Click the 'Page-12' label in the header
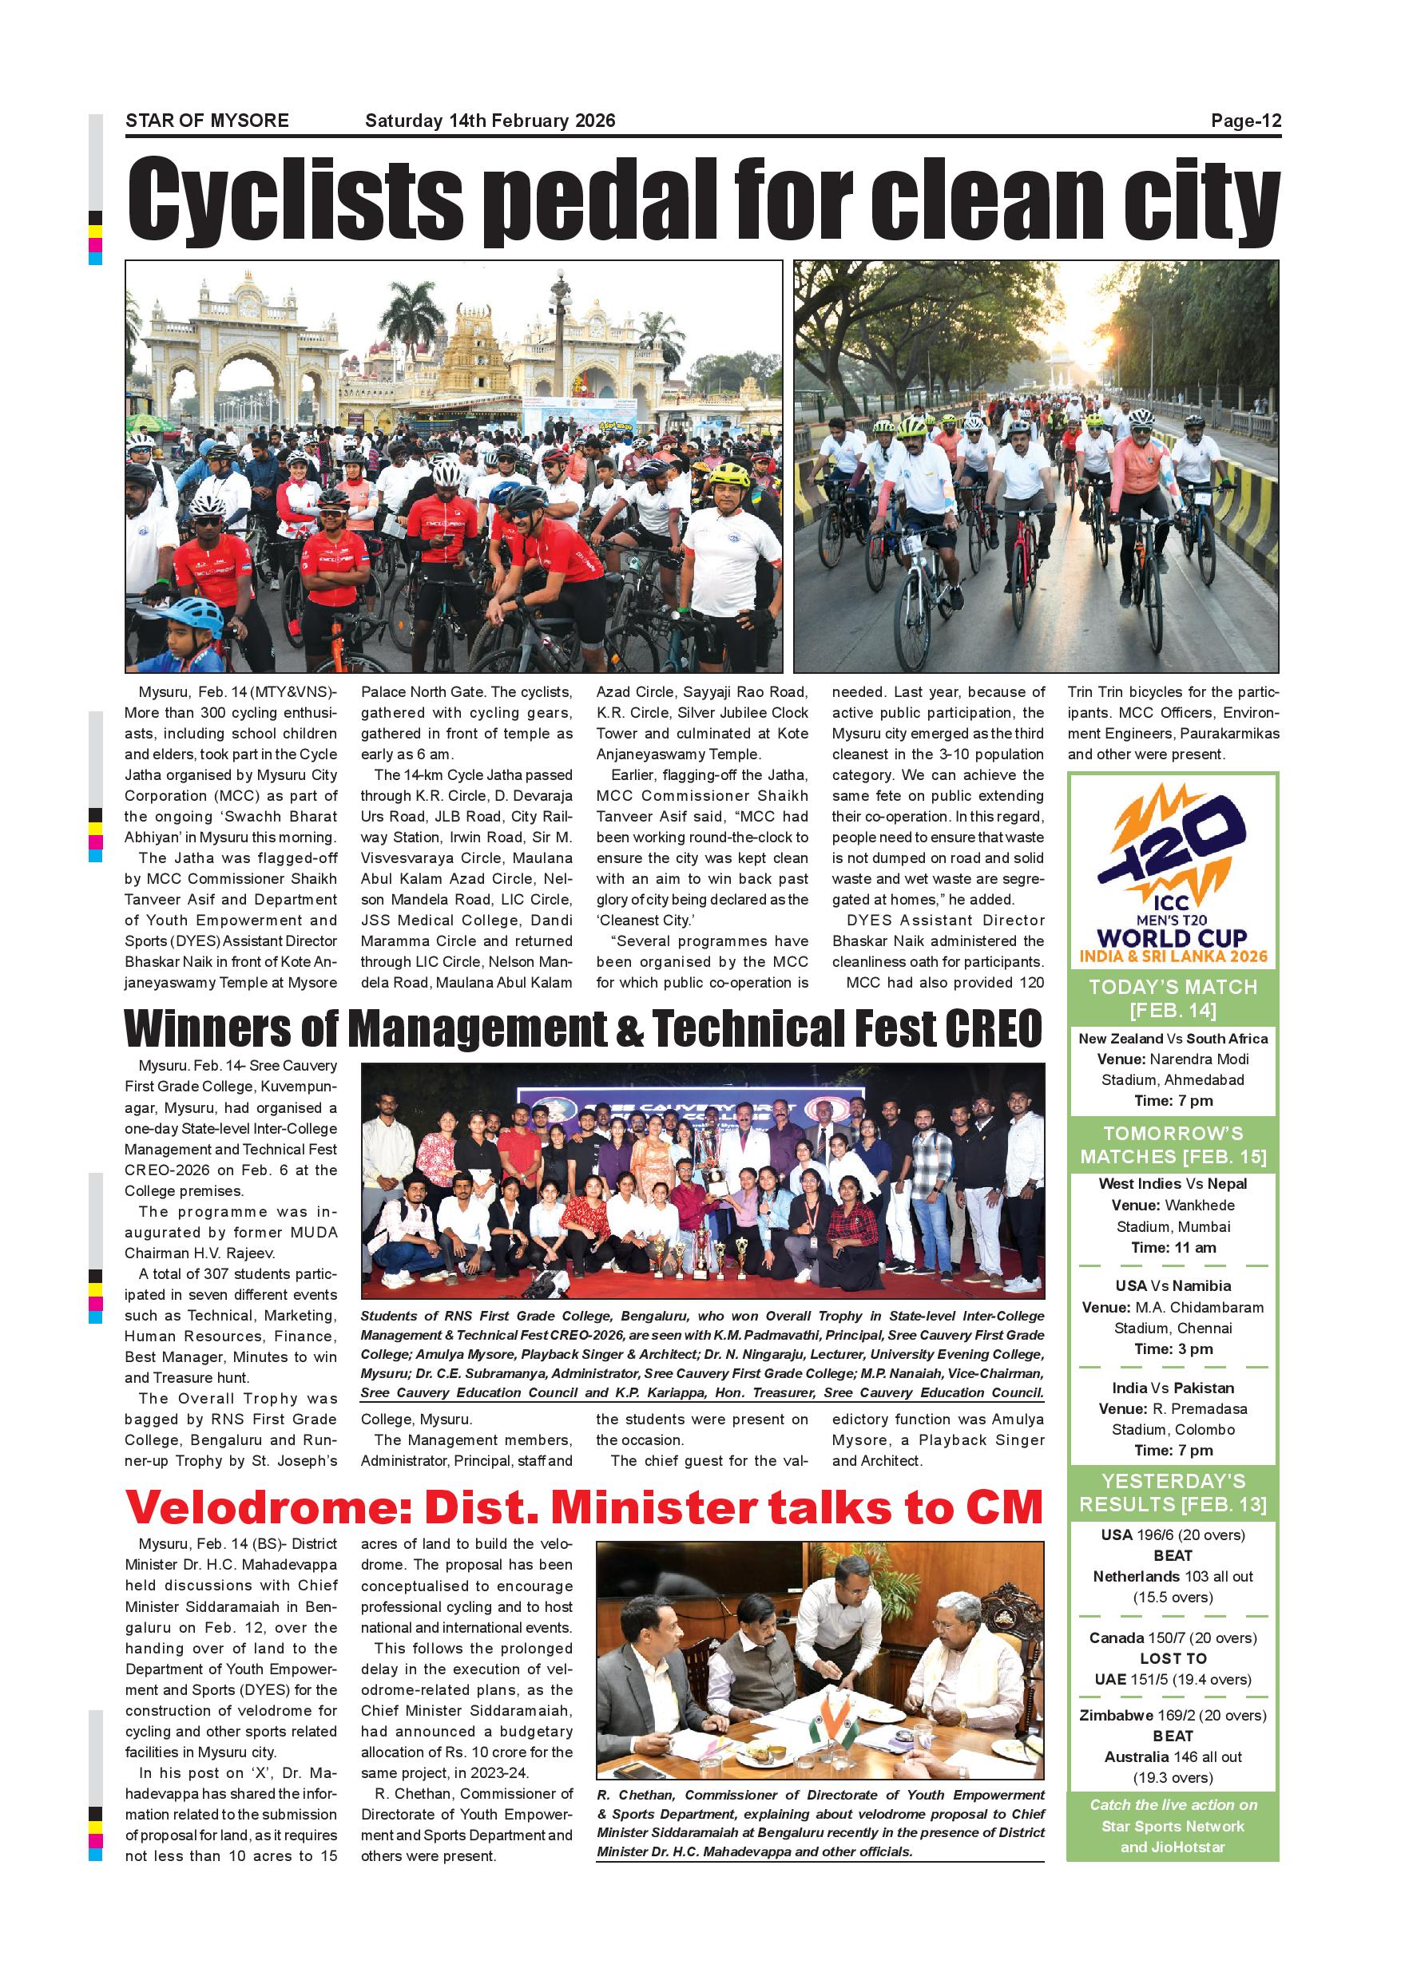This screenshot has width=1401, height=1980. coord(1246,121)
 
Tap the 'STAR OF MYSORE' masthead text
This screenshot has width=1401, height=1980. coord(207,121)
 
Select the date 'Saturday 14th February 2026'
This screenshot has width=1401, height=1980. coord(490,121)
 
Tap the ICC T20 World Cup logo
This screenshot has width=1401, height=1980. coord(1173,875)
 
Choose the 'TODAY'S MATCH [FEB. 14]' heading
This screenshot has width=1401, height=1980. coord(1173,998)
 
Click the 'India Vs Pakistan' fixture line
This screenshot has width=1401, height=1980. coord(1173,1388)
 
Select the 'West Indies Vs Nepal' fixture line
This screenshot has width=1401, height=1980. coord(1173,1183)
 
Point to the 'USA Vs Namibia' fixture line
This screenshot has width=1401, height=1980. coord(1173,1285)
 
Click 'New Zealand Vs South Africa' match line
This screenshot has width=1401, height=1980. coord(1173,1038)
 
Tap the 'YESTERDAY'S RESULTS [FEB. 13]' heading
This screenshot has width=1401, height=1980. coord(1173,1493)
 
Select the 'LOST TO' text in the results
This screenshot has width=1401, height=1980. coord(1173,1658)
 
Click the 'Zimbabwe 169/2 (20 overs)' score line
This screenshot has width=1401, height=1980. coord(1173,1715)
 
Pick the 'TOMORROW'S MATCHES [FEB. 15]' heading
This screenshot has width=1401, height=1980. coord(1173,1144)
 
